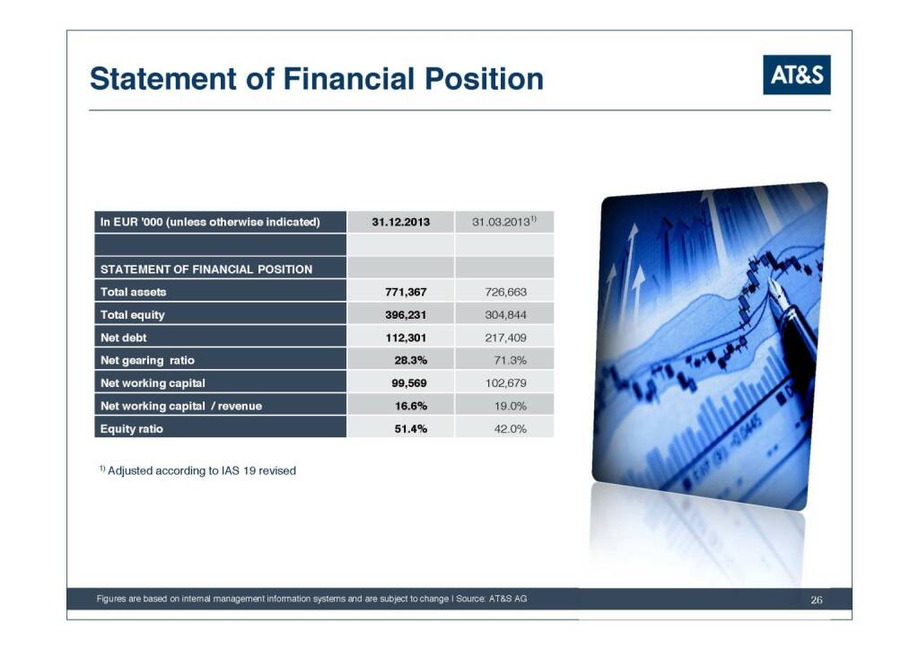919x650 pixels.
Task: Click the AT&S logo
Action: (797, 75)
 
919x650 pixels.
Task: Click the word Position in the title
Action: (484, 79)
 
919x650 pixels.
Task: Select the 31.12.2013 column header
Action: (401, 222)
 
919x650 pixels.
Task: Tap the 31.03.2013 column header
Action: (504, 222)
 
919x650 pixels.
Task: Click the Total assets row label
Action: (133, 292)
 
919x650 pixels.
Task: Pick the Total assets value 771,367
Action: (406, 292)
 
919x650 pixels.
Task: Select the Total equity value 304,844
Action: (506, 315)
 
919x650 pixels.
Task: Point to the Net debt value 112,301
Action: (406, 338)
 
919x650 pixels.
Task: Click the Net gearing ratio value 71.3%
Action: (511, 360)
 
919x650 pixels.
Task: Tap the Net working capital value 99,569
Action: (409, 383)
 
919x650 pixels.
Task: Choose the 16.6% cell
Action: (411, 406)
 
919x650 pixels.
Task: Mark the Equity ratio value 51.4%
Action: (411, 429)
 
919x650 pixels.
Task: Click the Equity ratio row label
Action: (132, 429)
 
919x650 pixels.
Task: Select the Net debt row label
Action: (124, 338)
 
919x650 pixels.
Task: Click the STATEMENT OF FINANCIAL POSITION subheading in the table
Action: (206, 269)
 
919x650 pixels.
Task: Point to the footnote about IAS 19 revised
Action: (197, 470)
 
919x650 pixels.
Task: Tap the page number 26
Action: (817, 600)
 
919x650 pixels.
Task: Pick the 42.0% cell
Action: (511, 429)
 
